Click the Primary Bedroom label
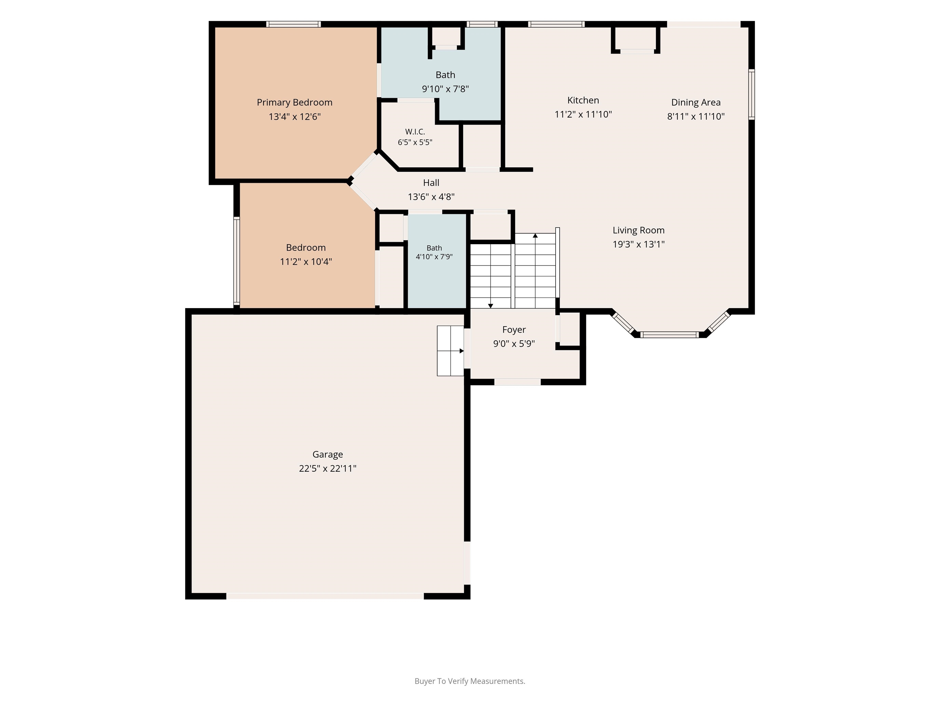click(x=294, y=103)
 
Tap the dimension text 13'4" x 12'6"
click(x=294, y=117)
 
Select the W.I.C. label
click(x=415, y=132)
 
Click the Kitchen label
click(x=583, y=100)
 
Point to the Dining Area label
click(x=696, y=103)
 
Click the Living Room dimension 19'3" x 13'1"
click(x=638, y=244)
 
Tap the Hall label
click(x=431, y=183)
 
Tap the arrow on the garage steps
click(x=461, y=351)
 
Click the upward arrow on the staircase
click(x=535, y=235)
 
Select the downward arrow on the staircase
click(x=491, y=306)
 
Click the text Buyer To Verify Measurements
click(x=470, y=681)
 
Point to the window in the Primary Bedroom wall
click(x=294, y=24)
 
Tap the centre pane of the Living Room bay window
click(x=669, y=335)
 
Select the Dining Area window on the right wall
click(x=751, y=94)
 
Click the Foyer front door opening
click(x=517, y=382)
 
